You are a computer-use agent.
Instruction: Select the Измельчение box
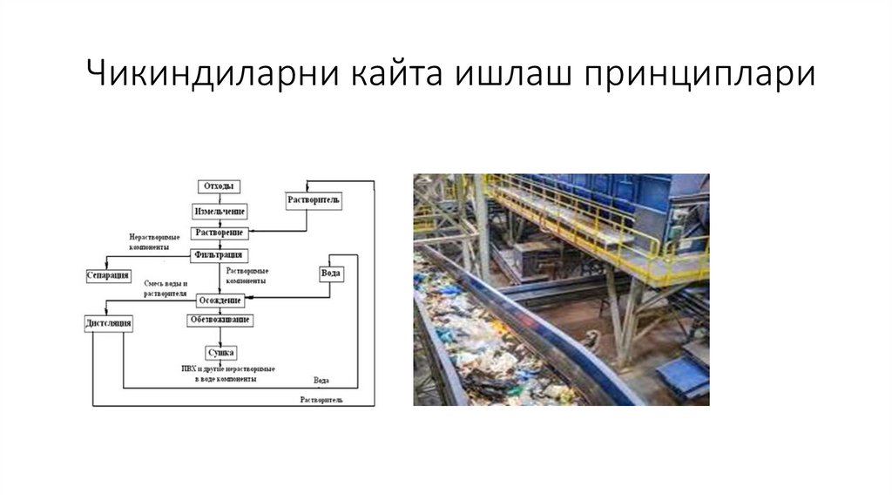(x=220, y=212)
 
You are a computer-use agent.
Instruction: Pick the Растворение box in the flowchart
(x=220, y=233)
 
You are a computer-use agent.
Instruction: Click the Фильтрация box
(x=220, y=255)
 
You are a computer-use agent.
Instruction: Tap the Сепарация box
(x=109, y=275)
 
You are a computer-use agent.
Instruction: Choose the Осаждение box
(x=220, y=301)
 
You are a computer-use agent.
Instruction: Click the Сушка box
(x=220, y=353)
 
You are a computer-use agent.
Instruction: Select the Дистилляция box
(x=109, y=324)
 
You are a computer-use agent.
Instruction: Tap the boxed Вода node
(x=330, y=274)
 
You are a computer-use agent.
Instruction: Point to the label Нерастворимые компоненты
(x=155, y=242)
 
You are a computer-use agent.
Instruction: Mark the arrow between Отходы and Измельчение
(x=220, y=199)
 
